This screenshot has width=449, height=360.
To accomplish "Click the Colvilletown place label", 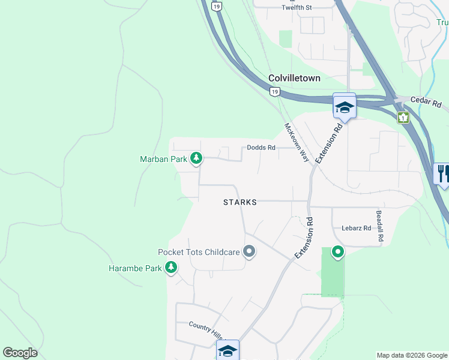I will [294, 79].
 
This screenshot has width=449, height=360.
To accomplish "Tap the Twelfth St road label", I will [297, 8].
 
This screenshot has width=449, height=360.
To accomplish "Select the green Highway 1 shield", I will [403, 117].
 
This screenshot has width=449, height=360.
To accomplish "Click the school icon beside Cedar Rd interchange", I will [345, 107].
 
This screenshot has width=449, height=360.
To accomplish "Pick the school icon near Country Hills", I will [228, 350].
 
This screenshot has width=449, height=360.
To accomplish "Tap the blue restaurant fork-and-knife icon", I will [442, 174].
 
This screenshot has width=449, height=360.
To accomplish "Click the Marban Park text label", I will [163, 159].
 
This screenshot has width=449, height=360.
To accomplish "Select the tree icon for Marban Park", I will [196, 158].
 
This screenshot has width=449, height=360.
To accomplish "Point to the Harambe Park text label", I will [135, 268].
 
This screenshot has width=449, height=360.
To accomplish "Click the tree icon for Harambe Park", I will [172, 268].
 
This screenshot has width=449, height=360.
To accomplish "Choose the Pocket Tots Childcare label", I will [199, 253].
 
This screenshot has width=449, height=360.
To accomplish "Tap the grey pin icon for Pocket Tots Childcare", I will [249, 253].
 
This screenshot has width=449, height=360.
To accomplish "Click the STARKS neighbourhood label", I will [240, 202].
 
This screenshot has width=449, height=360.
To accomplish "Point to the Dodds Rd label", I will [261, 148].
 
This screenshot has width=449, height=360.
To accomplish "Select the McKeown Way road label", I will [297, 143].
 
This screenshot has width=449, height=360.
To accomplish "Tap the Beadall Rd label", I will [379, 226].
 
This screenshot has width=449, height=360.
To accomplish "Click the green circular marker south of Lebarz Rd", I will [338, 253].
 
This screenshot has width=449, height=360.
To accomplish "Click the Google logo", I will [20, 353].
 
